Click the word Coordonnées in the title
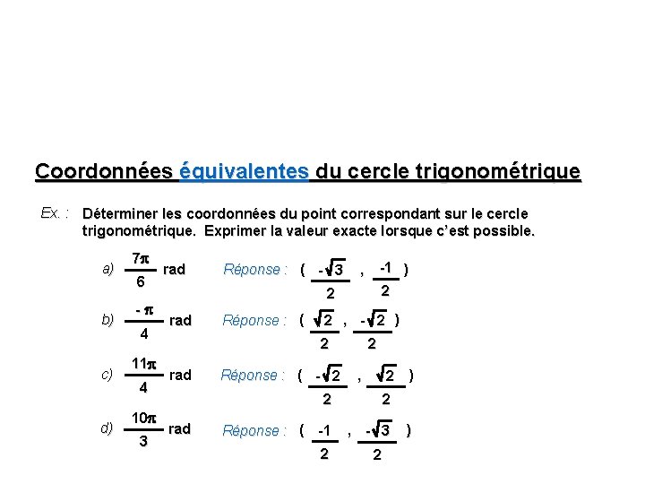click(104, 170)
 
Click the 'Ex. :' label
click(56, 213)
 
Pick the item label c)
click(108, 376)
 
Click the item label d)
click(108, 429)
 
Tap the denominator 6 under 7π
click(141, 281)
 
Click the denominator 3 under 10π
click(142, 442)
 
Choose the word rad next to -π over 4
click(180, 321)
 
